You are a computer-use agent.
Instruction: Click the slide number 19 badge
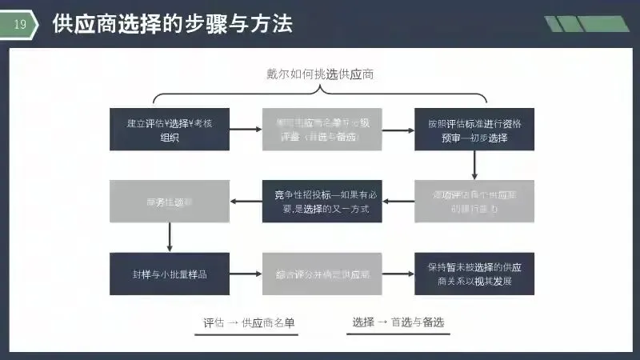20,25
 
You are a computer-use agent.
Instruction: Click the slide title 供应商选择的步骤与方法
172,24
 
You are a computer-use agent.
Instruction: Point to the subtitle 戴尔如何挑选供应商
321,74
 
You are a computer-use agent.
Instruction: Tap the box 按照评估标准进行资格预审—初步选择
474,129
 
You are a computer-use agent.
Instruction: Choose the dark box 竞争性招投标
322,201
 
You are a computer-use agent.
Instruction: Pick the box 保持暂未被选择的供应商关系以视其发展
474,274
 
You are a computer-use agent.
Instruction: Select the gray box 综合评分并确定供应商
322,274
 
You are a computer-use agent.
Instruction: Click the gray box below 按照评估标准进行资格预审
474,201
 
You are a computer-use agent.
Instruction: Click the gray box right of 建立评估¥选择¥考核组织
322,129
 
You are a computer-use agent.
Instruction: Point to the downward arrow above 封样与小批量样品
170,237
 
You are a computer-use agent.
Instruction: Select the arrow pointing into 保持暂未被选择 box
398,274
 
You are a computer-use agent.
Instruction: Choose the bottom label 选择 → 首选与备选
398,322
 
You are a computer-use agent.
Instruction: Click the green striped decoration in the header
586,24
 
